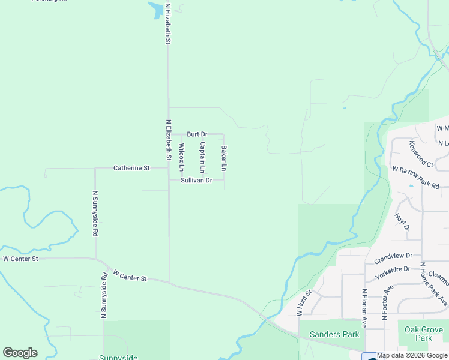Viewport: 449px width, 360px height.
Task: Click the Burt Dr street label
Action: [x=197, y=134]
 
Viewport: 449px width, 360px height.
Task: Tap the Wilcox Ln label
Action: [x=181, y=157]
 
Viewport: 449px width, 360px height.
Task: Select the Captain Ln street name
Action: [x=203, y=157]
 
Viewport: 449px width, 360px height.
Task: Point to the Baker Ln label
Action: [x=224, y=157]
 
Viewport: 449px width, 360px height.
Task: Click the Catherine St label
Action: [x=131, y=169]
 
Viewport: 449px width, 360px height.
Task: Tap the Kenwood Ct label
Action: [x=421, y=154]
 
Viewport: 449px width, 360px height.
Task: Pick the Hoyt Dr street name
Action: [x=402, y=221]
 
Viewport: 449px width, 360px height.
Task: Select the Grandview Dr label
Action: [x=393, y=258]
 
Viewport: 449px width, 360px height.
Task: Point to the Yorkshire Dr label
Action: [x=393, y=272]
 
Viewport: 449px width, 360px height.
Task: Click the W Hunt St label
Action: [x=304, y=303]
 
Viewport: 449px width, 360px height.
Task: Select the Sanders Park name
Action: [x=334, y=334]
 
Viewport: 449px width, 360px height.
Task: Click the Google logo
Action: [x=20, y=353]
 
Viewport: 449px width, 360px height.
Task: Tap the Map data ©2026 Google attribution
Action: [x=412, y=356]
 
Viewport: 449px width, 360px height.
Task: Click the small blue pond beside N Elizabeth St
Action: [x=155, y=9]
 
